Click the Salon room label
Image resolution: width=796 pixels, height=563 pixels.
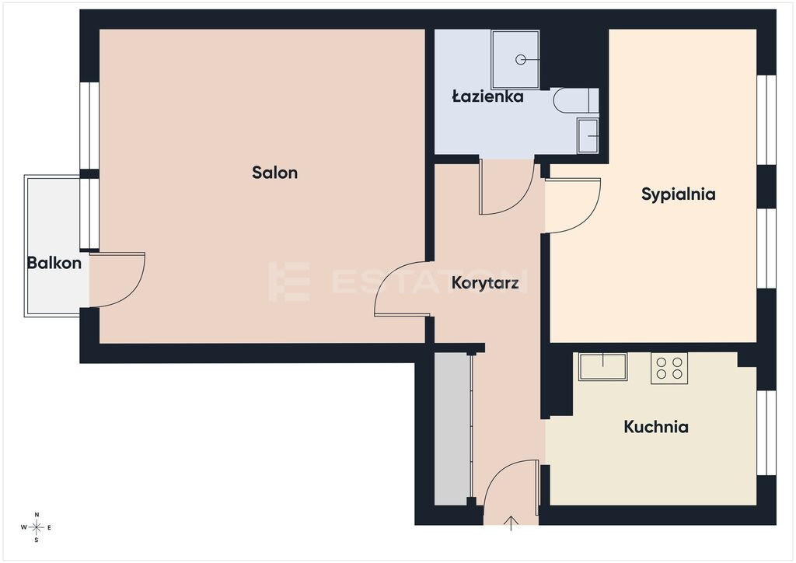tap(274, 173)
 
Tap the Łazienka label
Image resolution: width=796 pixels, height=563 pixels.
tap(488, 96)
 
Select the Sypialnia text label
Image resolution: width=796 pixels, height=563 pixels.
tap(678, 194)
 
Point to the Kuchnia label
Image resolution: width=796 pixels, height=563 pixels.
tap(656, 427)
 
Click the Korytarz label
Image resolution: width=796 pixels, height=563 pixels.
tap(485, 283)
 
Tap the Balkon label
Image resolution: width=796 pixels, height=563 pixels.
tap(54, 263)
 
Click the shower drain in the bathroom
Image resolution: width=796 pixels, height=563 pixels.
tap(520, 60)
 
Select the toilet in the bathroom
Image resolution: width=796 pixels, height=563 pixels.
tap(576, 100)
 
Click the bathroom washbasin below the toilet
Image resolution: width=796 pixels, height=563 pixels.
tap(588, 135)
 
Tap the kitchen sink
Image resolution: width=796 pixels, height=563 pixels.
tap(602, 366)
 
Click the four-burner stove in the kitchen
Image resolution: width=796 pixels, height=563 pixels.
tap(669, 368)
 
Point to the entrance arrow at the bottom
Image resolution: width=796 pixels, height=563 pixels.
tap(511, 523)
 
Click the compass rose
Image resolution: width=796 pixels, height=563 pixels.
tap(37, 527)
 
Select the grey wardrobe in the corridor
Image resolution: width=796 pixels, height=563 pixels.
tap(453, 429)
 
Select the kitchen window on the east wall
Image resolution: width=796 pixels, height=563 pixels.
tap(766, 432)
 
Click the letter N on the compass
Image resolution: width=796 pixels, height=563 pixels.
tap(37, 515)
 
